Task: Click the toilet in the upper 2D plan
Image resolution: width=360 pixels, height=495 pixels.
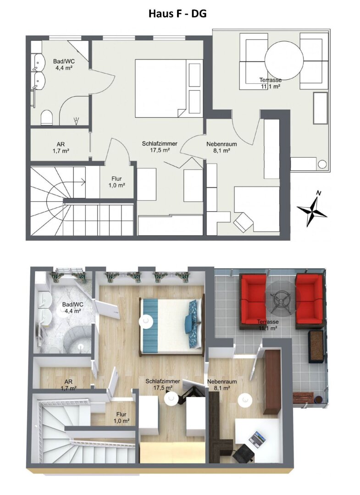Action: point(47,118)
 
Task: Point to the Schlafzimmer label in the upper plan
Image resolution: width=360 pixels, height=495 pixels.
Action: point(159,146)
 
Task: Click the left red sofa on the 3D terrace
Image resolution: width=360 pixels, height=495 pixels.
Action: point(252,301)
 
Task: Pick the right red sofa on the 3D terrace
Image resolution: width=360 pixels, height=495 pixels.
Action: point(310,301)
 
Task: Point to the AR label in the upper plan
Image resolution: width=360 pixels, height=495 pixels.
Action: point(58,147)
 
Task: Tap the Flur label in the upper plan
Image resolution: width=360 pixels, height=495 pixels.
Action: point(116,182)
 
